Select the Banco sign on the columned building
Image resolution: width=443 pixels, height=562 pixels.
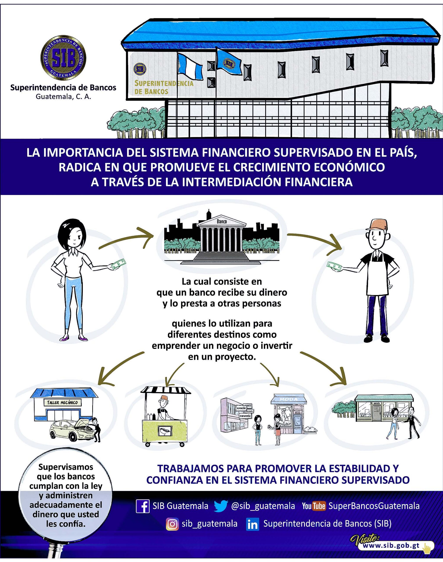click(x=221, y=222)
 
